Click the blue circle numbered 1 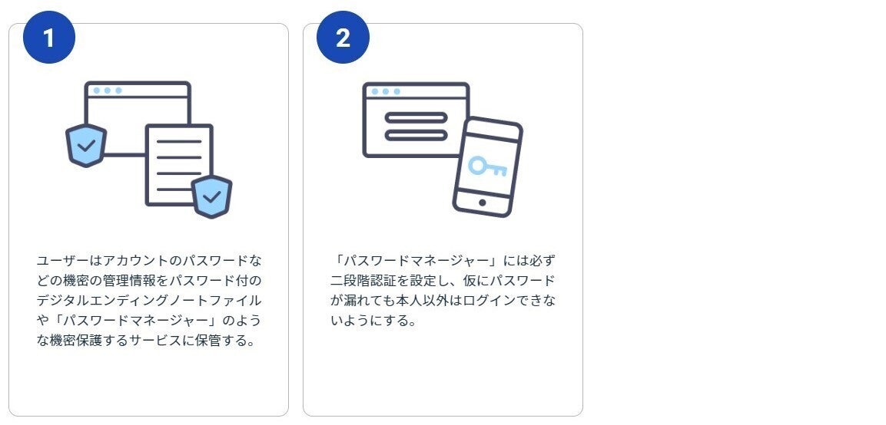pyautogui.click(x=49, y=38)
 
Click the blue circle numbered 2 pyautogui.click(x=343, y=38)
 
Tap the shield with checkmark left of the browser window pyautogui.click(x=86, y=145)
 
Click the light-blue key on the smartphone pyautogui.click(x=487, y=166)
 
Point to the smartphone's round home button pyautogui.click(x=482, y=203)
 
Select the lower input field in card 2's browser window pyautogui.click(x=415, y=135)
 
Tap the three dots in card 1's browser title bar pyautogui.click(x=107, y=91)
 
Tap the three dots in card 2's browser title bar pyautogui.click(x=385, y=91)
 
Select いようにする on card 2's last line pyautogui.click(x=373, y=320)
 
